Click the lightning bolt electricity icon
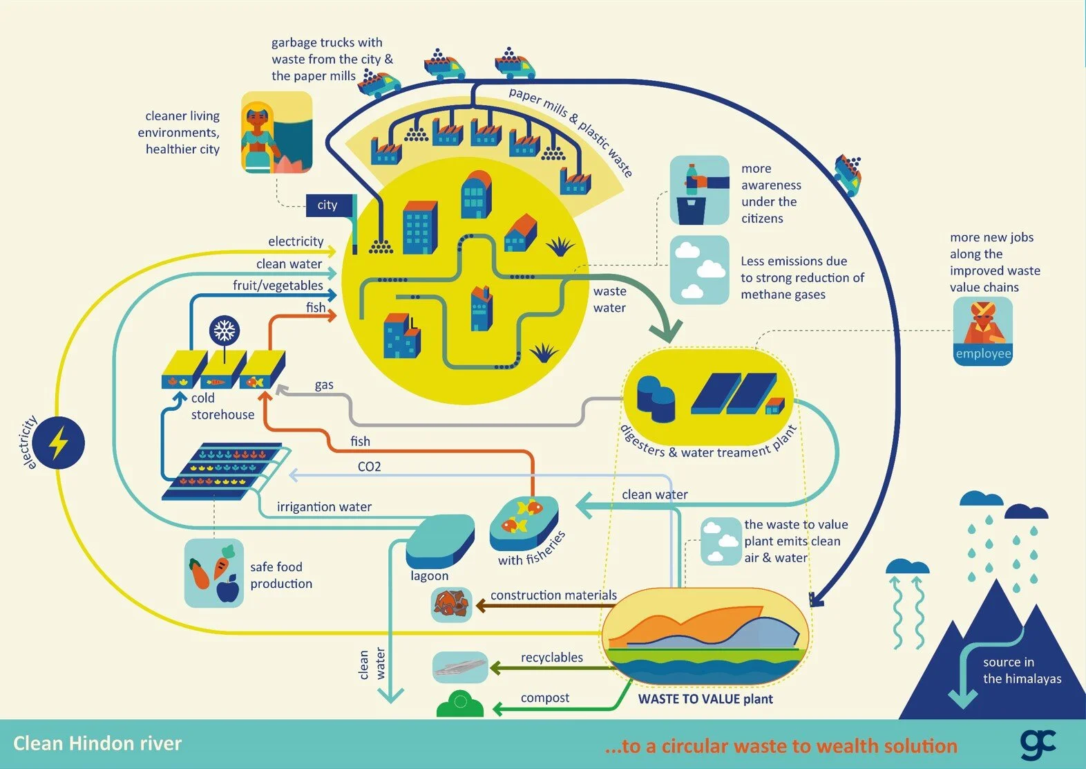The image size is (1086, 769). (x=59, y=443)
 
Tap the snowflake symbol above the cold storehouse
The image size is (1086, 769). (x=225, y=331)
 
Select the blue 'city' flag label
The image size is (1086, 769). (x=328, y=205)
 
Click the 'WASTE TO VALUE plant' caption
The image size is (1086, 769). (x=705, y=699)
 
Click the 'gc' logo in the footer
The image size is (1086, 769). (x=1038, y=743)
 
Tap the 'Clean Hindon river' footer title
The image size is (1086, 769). (x=97, y=743)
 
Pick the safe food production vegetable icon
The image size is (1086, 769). (x=214, y=573)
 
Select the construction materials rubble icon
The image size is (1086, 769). (x=452, y=604)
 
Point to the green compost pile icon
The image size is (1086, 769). (x=460, y=705)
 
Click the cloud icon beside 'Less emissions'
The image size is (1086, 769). (x=699, y=270)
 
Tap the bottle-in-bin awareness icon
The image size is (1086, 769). (x=699, y=190)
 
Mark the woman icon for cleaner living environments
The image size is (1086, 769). (x=276, y=132)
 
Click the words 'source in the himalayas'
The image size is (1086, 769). (x=1022, y=671)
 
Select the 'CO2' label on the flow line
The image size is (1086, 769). (x=369, y=467)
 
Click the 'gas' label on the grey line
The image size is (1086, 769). (x=324, y=385)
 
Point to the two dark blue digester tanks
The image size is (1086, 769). (x=655, y=398)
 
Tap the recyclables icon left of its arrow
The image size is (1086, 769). (x=460, y=667)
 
